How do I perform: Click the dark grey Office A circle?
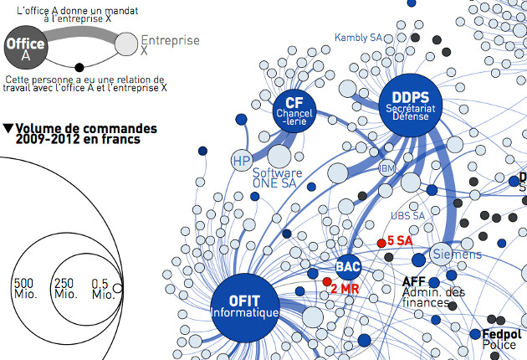[x=26, y=49]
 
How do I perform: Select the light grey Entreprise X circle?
[x=125, y=44]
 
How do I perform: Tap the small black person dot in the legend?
[x=79, y=67]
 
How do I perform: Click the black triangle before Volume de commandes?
[x=8, y=129]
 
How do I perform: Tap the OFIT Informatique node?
[x=243, y=306]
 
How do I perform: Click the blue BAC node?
[x=348, y=267]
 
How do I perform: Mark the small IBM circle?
[x=387, y=168]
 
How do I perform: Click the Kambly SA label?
[x=358, y=38]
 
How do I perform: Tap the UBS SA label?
[x=408, y=215]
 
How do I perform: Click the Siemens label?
[x=456, y=254]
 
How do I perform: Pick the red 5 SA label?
[x=400, y=241]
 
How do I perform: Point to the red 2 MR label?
[x=345, y=289]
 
